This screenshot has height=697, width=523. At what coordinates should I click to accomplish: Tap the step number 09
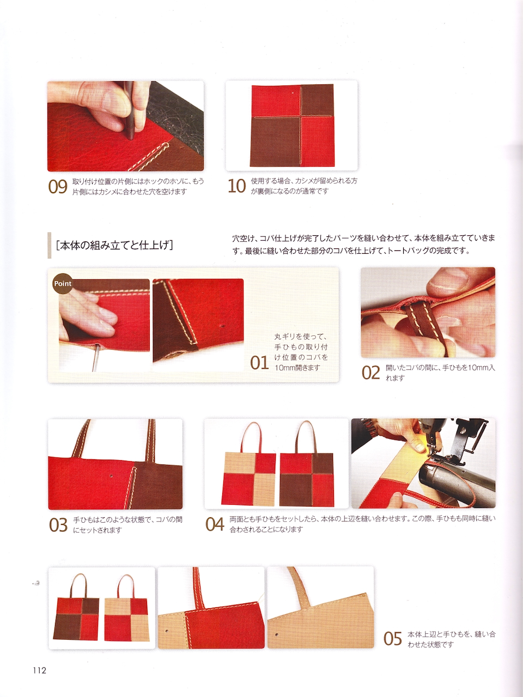[x=58, y=187]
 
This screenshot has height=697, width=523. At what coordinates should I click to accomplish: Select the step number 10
[x=237, y=186]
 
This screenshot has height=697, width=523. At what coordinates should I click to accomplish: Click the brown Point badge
[x=63, y=284]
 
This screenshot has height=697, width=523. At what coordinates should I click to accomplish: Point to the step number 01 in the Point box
[x=259, y=363]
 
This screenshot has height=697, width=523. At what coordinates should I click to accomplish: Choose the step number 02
[x=371, y=373]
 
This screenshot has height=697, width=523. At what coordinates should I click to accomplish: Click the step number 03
[x=58, y=525]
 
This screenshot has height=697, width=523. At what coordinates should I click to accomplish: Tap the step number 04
[x=215, y=524]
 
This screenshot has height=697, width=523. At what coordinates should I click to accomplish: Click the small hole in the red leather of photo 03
[x=112, y=476]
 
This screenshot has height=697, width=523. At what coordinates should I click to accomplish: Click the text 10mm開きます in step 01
[x=297, y=368]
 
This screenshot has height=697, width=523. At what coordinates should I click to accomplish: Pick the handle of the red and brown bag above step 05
[x=76, y=586]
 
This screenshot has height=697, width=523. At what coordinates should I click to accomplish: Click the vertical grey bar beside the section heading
[x=49, y=246]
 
